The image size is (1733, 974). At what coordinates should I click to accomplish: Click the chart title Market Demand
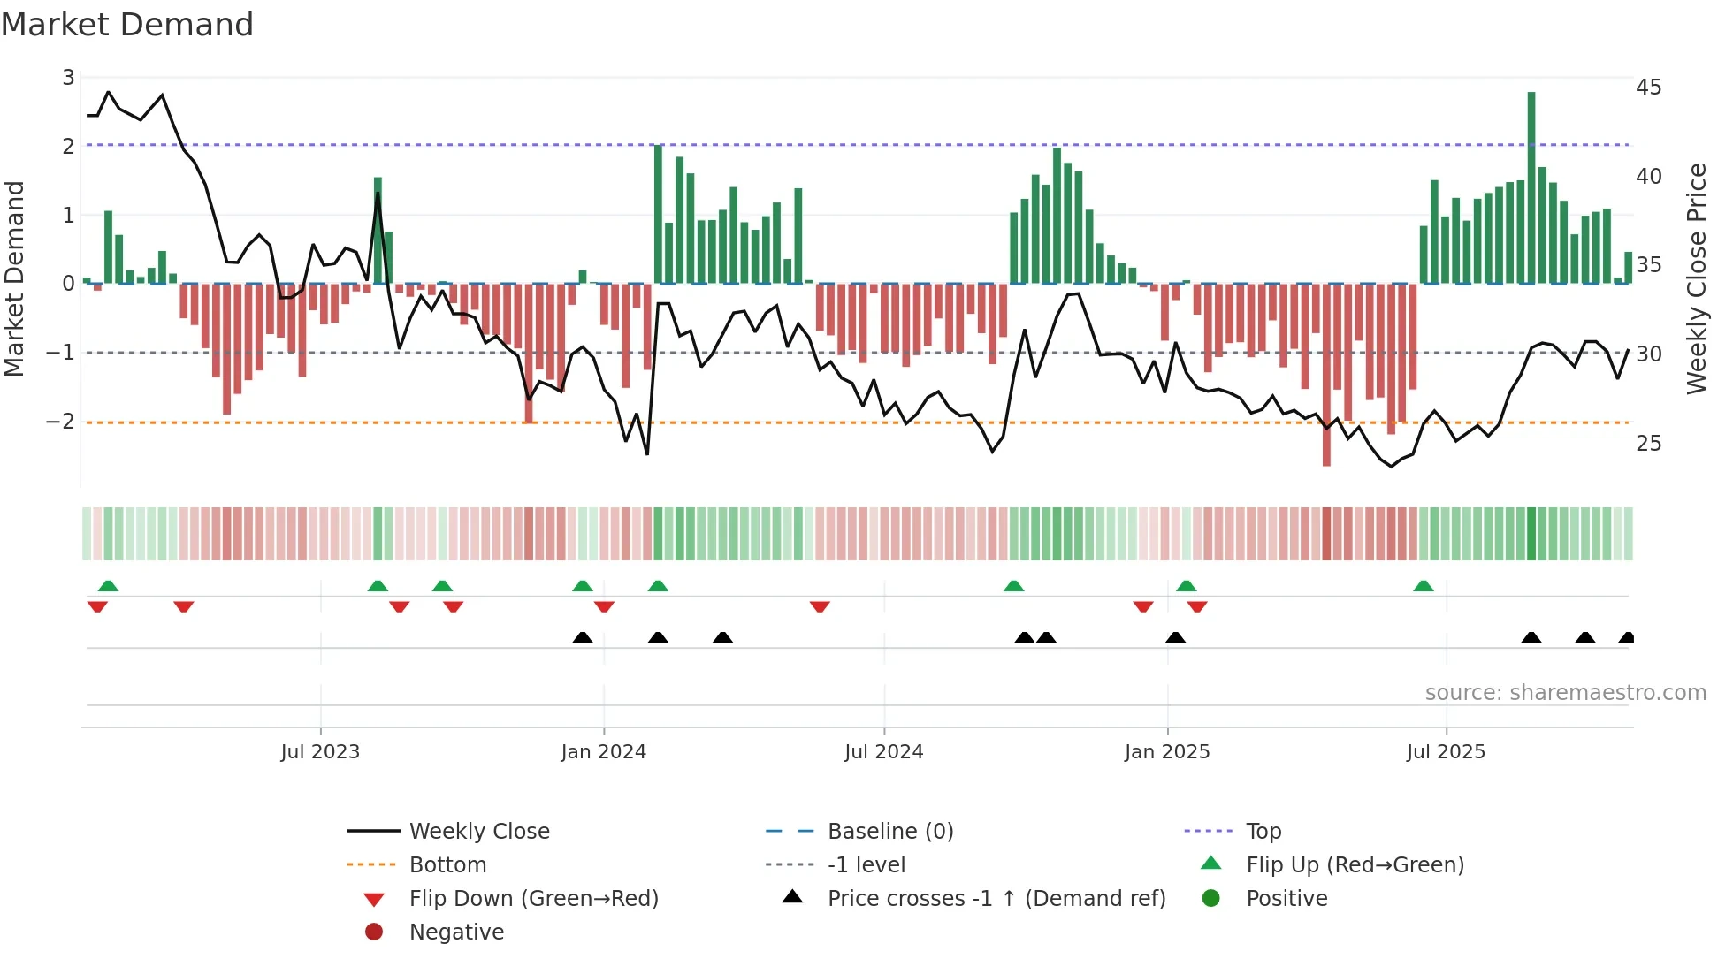(127, 25)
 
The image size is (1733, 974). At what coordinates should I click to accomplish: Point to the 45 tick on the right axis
(1648, 88)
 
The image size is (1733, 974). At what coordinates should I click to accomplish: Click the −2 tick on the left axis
(61, 422)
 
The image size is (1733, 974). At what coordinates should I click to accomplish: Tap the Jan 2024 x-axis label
(603, 752)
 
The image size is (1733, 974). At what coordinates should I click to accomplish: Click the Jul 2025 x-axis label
(1446, 752)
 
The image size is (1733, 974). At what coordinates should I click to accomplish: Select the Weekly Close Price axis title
(1696, 278)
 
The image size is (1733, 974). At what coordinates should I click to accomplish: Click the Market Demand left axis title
(14, 278)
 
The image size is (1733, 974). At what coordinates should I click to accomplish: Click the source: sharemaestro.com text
(1565, 693)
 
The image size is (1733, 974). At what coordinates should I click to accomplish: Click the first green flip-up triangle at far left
(108, 586)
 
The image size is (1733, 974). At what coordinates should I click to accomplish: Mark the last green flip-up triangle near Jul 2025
(1424, 586)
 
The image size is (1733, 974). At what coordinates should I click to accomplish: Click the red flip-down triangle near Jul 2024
(820, 606)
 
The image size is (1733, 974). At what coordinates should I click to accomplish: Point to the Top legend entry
(1263, 832)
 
